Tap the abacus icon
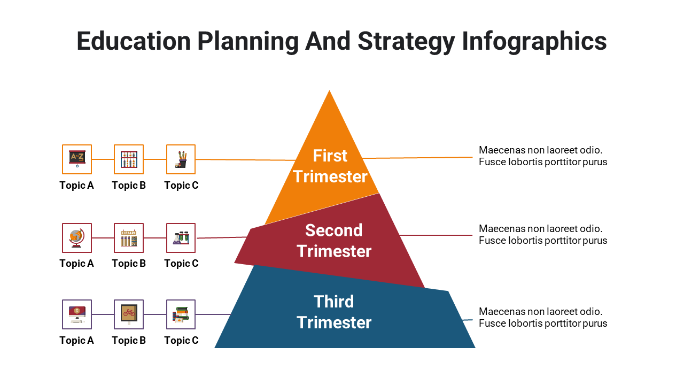coord(129,159)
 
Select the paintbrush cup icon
coord(181,159)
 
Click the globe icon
coord(77,238)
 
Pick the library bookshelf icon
coord(129,238)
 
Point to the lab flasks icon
coord(181,238)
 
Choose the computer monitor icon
coord(77,314)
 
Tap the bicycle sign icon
coord(129,314)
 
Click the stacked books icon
coord(181,314)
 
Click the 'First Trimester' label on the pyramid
coord(330,166)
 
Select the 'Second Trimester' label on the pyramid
coord(334,241)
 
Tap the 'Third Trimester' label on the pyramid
coord(334,312)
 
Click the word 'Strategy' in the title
coord(406,42)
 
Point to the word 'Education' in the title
coord(134,41)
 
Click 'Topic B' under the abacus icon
coord(129,185)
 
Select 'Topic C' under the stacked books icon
coord(181,341)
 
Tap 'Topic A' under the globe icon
coord(76,264)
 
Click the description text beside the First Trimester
coord(543,156)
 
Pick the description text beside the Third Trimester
coord(543,318)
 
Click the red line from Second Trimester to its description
coord(436,235)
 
